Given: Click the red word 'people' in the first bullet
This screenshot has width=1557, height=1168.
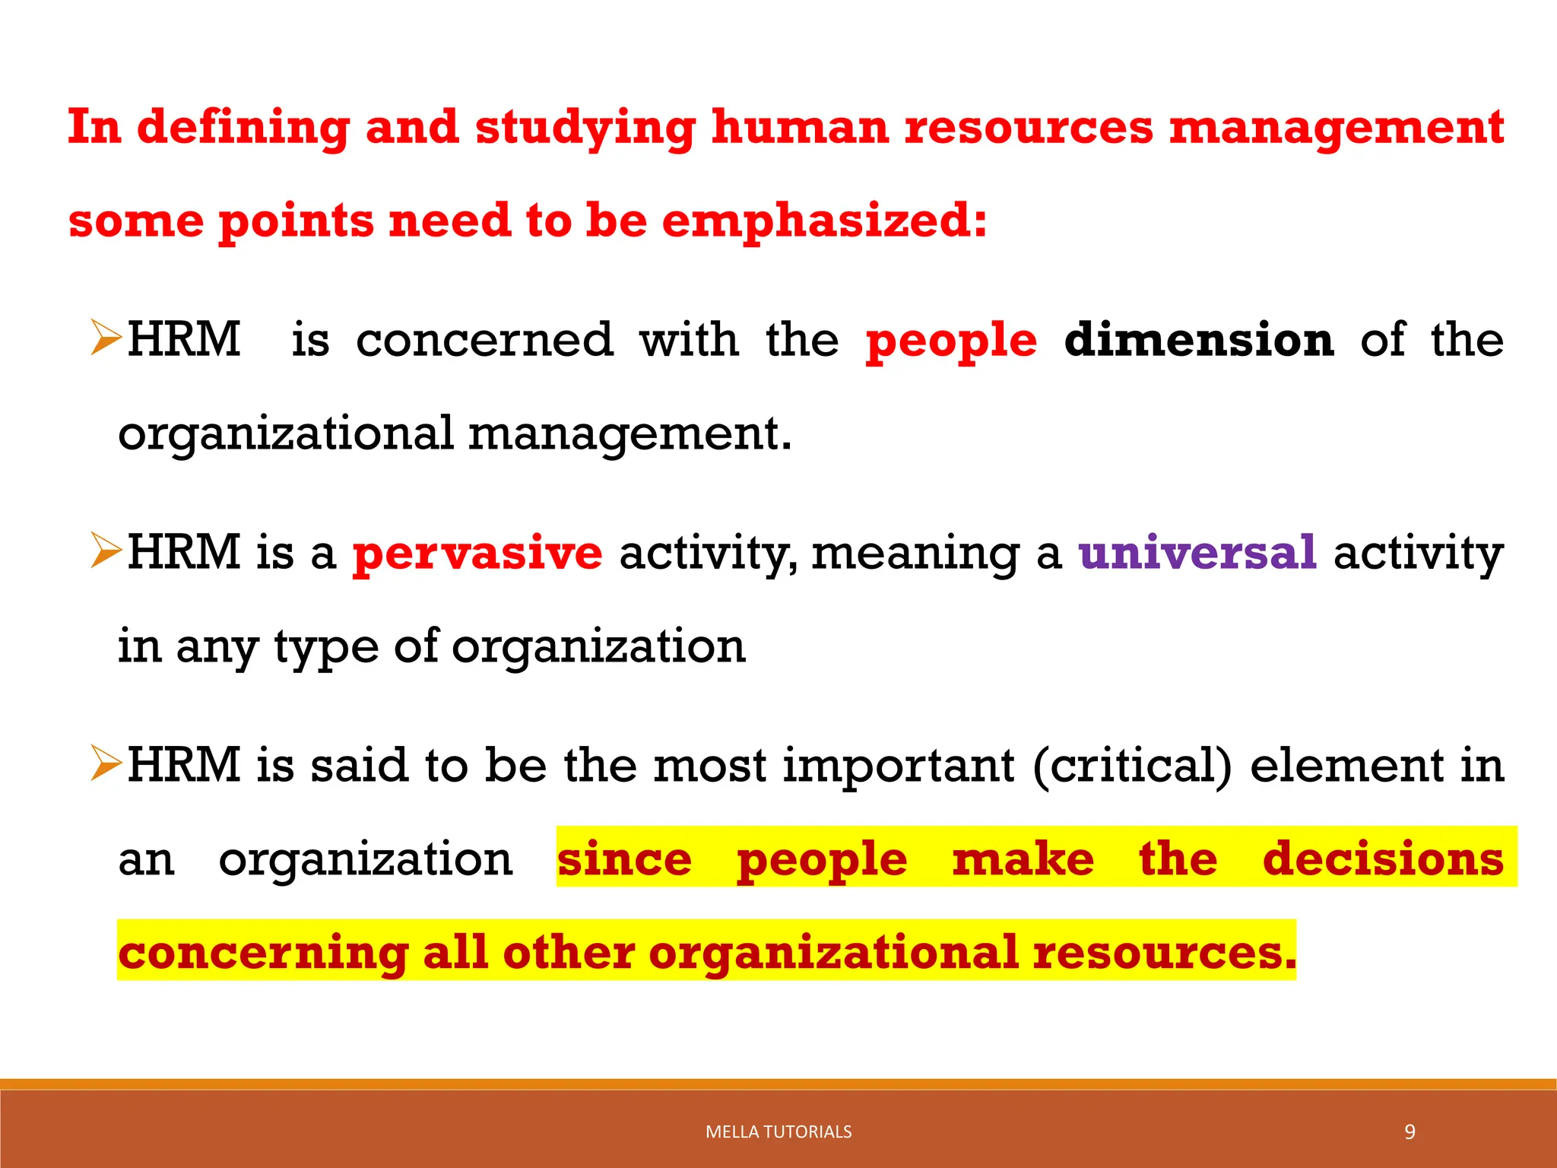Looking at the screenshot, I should pos(951,340).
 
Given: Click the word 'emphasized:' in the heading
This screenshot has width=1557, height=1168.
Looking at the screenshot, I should pos(824,221).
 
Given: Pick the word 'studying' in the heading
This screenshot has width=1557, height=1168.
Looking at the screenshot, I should pos(585,128).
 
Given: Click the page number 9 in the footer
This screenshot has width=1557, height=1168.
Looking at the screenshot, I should pos(1410,1132).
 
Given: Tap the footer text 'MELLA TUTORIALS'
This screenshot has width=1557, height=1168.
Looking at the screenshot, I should pos(778,1132).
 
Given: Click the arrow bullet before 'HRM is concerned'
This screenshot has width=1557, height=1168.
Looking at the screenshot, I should pos(106,338).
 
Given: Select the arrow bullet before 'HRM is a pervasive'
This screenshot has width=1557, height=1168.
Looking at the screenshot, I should pos(106,551).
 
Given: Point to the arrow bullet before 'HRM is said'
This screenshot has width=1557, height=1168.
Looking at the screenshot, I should pos(106,764).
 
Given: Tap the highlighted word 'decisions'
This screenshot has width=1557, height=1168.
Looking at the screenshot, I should pos(1383,859).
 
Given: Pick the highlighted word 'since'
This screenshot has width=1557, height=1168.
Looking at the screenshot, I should pos(624,859).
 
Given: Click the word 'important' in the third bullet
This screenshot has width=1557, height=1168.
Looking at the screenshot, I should pos(899,765).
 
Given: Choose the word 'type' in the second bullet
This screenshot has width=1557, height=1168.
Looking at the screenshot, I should pos(326,647).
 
